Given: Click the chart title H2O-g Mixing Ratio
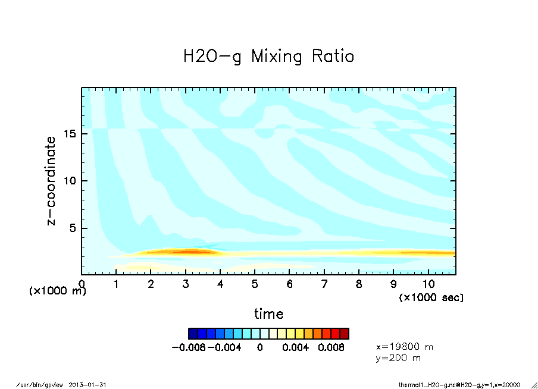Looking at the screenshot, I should pyautogui.click(x=268, y=57).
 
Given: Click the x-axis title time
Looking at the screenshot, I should pyautogui.click(x=268, y=313).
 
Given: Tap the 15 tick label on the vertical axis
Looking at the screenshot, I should pyautogui.click(x=70, y=134).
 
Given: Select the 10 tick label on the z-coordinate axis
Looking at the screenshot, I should pyautogui.click(x=70, y=181).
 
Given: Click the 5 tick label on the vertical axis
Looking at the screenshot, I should pyautogui.click(x=74, y=228).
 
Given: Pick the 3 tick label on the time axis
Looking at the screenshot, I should pyautogui.click(x=186, y=284).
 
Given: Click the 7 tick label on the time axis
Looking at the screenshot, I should pyautogui.click(x=324, y=284).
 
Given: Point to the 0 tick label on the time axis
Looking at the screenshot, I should pyautogui.click(x=82, y=284).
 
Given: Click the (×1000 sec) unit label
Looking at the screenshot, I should pyautogui.click(x=431, y=297).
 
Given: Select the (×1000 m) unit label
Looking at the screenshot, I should pyautogui.click(x=58, y=291).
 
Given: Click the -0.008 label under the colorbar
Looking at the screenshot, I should pyautogui.click(x=188, y=347).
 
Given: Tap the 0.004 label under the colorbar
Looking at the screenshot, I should pyautogui.click(x=296, y=347).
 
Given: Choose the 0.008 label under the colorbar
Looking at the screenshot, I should pyautogui.click(x=331, y=347).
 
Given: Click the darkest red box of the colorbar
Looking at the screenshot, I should pyautogui.click(x=344, y=333).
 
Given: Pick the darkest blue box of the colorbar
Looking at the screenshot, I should pyautogui.click(x=193, y=333).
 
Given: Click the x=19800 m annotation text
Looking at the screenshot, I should pyautogui.click(x=405, y=346).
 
